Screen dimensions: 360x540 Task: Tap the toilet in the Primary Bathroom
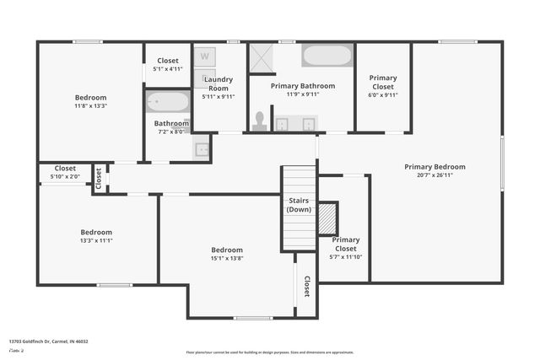[260, 121]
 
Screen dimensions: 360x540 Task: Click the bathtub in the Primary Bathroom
[327, 56]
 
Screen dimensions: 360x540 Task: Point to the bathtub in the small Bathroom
[168, 102]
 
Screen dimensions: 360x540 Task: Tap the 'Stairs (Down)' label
[299, 205]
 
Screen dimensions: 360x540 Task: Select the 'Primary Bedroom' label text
[435, 167]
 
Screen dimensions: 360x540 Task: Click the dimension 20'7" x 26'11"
[435, 175]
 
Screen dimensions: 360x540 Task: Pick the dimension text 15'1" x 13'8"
[227, 258]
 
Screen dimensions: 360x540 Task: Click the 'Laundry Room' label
[219, 84]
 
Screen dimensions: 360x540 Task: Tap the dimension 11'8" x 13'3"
[90, 106]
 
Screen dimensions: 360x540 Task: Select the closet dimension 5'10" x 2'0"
[65, 176]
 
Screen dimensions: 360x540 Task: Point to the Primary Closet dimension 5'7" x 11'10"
[345, 257]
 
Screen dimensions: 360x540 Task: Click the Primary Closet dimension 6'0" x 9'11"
[383, 94]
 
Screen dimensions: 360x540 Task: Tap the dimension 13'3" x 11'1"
[96, 240]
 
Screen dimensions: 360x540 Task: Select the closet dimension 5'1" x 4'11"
[168, 69]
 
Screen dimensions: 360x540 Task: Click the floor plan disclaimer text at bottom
[270, 352]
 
